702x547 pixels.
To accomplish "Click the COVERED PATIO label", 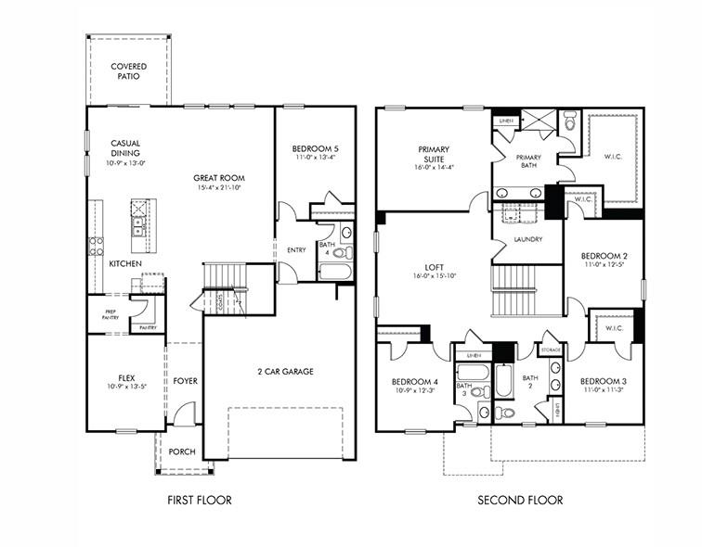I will click(128, 71).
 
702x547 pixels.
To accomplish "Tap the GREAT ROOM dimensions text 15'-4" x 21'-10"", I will click(220, 188).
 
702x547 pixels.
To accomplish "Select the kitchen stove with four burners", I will click(96, 246).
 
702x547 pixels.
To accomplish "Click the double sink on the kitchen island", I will click(137, 222).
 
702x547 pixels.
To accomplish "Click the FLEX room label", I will click(126, 378).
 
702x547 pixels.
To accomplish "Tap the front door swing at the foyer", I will click(185, 415).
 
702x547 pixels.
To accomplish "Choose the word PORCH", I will click(182, 452).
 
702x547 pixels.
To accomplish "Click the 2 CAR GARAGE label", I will click(285, 371).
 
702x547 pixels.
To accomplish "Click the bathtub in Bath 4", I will click(334, 272).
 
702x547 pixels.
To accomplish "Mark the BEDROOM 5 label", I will click(315, 149).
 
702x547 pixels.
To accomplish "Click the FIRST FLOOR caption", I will click(199, 501).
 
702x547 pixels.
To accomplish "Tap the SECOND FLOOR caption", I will click(520, 501).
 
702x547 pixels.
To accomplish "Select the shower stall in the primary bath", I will click(537, 121).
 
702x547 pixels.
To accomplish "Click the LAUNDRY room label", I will click(527, 240).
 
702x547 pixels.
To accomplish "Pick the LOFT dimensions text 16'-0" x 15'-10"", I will click(434, 275).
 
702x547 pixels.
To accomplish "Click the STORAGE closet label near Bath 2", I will click(551, 350).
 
